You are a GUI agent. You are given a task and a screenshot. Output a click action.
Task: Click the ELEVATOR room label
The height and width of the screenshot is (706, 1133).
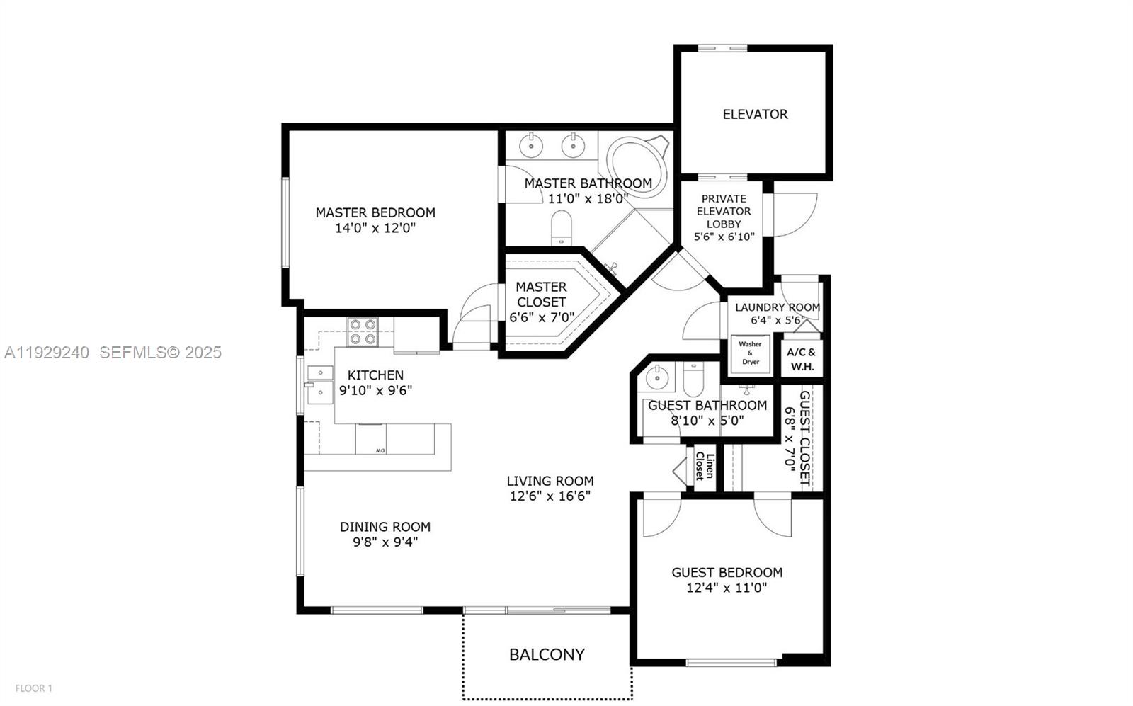[755, 114]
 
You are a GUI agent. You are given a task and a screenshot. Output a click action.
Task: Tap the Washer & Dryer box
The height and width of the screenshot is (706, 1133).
[750, 353]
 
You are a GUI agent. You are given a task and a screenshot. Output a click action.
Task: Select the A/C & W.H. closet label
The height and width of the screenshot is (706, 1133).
[802, 359]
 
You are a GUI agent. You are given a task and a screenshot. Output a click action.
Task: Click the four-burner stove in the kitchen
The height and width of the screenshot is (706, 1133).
[363, 331]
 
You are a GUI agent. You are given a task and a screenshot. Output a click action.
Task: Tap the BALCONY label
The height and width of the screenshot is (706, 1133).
[547, 654]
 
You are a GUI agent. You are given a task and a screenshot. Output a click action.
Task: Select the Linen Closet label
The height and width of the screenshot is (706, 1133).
[704, 465]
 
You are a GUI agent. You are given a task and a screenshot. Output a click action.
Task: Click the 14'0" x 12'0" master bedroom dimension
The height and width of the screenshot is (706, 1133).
[375, 228]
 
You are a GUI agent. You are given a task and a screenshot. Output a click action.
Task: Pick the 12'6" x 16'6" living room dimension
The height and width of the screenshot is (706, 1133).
[550, 496]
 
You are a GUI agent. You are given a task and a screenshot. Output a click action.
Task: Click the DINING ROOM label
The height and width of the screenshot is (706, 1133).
[385, 527]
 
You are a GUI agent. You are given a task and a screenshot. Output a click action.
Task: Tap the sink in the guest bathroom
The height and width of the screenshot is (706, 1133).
[658, 377]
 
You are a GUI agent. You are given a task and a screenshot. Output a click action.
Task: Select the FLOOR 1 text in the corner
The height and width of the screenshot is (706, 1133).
[34, 688]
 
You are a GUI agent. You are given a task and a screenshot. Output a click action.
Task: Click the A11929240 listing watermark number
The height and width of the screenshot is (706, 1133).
[47, 352]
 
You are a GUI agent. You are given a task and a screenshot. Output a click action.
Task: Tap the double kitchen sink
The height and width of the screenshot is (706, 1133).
[320, 382]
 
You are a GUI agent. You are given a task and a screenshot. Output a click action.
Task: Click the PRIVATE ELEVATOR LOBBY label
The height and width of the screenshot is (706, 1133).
[724, 211]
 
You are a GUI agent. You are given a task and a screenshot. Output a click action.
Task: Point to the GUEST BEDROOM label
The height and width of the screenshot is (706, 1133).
[727, 572]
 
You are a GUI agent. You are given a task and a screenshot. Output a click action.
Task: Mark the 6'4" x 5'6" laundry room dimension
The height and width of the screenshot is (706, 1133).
[778, 320]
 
